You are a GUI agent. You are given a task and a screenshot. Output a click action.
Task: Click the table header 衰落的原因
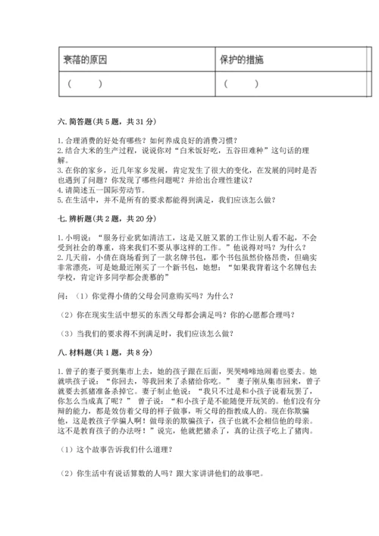click(x=85, y=58)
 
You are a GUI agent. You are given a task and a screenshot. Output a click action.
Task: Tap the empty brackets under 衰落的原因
click(x=84, y=83)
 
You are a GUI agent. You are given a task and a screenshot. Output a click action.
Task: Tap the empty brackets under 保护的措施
click(x=241, y=83)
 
